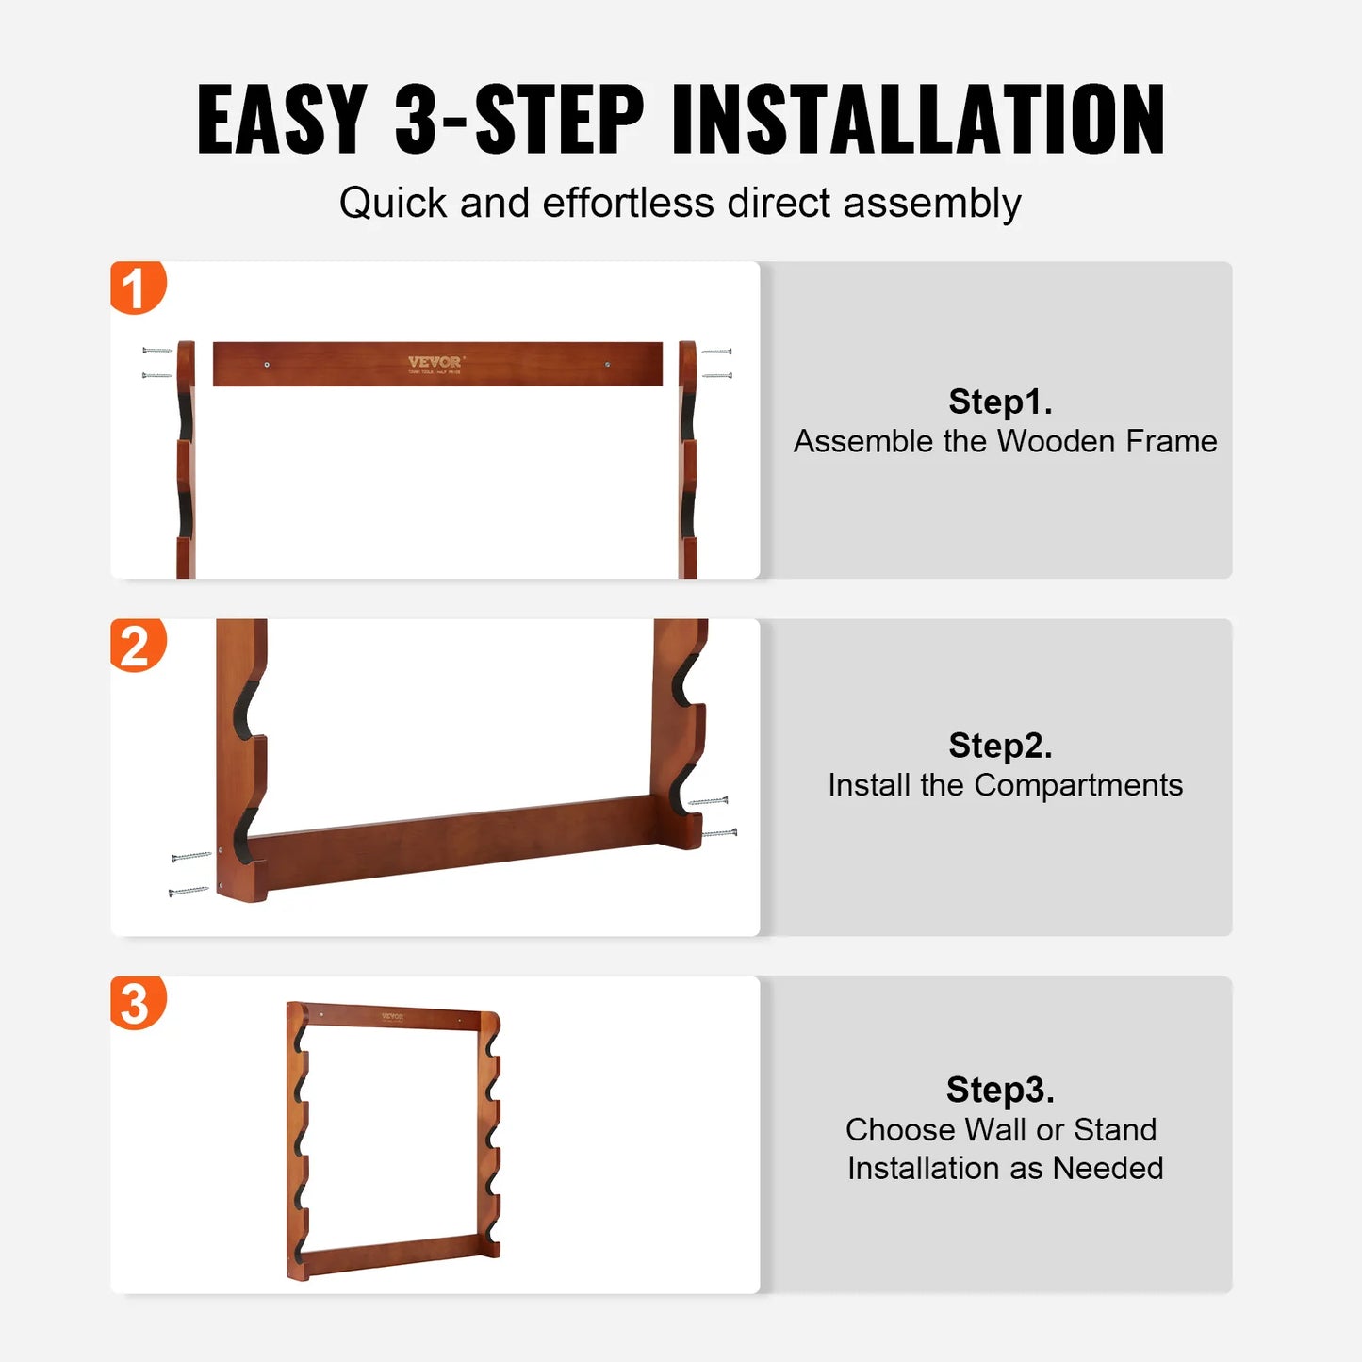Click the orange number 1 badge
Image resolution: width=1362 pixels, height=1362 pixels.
point(138,287)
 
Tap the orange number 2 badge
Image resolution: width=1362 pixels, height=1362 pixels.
point(138,646)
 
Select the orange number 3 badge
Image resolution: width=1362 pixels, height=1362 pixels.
point(138,1003)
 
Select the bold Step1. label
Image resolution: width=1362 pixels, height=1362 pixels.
point(1000,402)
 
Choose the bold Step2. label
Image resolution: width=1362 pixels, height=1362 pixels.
point(1000,746)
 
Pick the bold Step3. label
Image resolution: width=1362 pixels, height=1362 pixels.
point(1000,1090)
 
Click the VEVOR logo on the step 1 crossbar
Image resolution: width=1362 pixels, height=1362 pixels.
point(435,362)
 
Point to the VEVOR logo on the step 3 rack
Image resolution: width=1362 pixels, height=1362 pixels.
point(392,1017)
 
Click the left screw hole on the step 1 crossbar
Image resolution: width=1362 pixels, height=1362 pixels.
point(267,364)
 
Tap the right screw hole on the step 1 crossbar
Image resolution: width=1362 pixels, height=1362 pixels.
point(607,364)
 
